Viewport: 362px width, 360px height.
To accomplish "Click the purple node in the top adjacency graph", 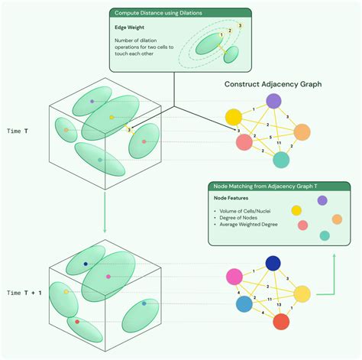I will coord(273,101).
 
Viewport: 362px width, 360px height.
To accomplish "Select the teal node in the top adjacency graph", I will coord(282,160).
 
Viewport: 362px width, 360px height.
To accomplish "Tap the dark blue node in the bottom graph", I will coord(273,264).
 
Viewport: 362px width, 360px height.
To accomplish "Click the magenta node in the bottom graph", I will coord(234,277).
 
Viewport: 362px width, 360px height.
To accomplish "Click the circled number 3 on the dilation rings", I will coord(240,26).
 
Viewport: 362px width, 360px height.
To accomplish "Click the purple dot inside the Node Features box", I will coord(322,200).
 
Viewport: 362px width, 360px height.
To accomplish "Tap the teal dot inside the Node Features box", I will coord(325,236).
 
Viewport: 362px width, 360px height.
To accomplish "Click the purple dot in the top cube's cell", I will coord(92,101).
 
